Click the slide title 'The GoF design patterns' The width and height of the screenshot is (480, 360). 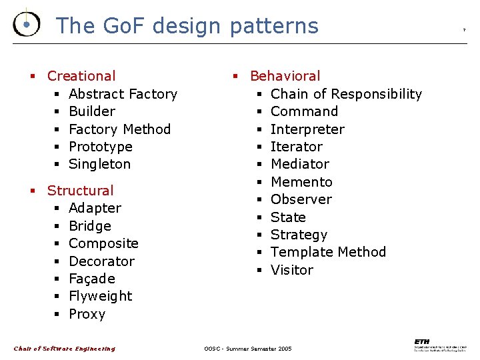point(187,26)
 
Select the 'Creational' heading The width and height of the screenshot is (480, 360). point(81,76)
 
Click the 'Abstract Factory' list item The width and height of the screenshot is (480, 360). point(123,94)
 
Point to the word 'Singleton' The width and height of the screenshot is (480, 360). point(99,164)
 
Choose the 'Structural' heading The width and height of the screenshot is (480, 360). point(81,191)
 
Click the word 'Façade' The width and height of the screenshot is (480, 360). point(92,279)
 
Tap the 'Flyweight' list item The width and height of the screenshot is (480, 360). point(100,296)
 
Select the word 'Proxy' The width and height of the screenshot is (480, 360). point(87,314)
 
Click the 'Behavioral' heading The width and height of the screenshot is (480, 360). point(285,76)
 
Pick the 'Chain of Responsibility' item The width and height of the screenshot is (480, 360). point(346,94)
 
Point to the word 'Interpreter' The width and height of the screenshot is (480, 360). point(307,129)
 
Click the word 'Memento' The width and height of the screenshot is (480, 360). point(301,182)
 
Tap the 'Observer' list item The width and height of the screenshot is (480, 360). point(301,199)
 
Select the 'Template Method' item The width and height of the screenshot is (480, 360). point(328,252)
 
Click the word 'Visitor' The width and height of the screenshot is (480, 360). point(291,270)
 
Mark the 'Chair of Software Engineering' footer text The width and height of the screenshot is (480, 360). point(65,349)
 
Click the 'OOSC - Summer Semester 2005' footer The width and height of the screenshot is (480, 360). point(247,349)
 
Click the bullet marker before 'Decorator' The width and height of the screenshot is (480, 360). point(57,261)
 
